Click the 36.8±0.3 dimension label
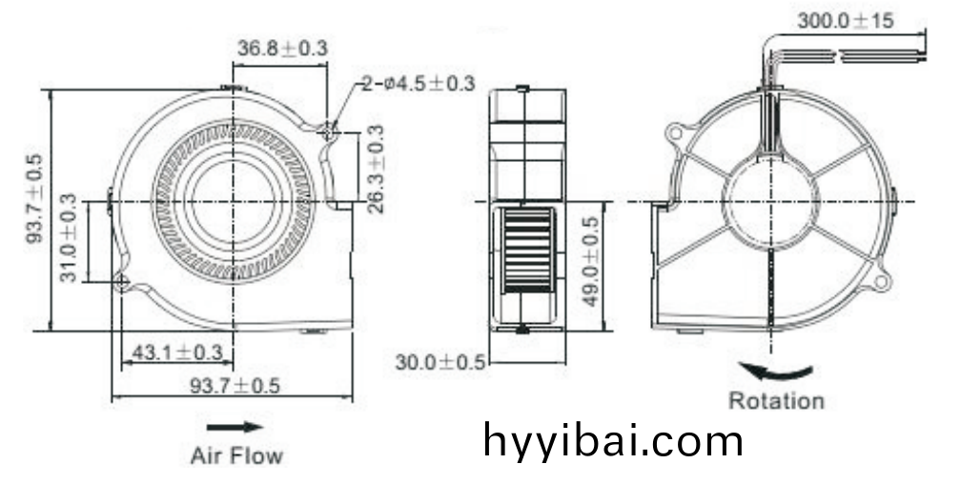pos(282,48)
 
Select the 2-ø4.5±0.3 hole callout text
pos(418,83)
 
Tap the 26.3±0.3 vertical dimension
pos(377,169)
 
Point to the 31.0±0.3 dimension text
pos(69,237)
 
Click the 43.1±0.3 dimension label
pos(177,353)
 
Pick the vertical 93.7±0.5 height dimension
pos(34,198)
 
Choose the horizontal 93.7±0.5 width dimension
pos(235,385)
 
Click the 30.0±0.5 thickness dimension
pos(440,362)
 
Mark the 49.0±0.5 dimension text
pos(590,261)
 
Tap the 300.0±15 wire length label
pos(845,21)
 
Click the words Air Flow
pos(237,455)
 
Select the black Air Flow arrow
pos(235,428)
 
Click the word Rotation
pos(776,401)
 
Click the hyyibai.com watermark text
pos(613,440)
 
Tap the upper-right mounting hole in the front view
pos(330,131)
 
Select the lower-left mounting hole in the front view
pos(122,282)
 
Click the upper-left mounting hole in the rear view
pos(675,132)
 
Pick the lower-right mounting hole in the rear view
pos(881,281)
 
